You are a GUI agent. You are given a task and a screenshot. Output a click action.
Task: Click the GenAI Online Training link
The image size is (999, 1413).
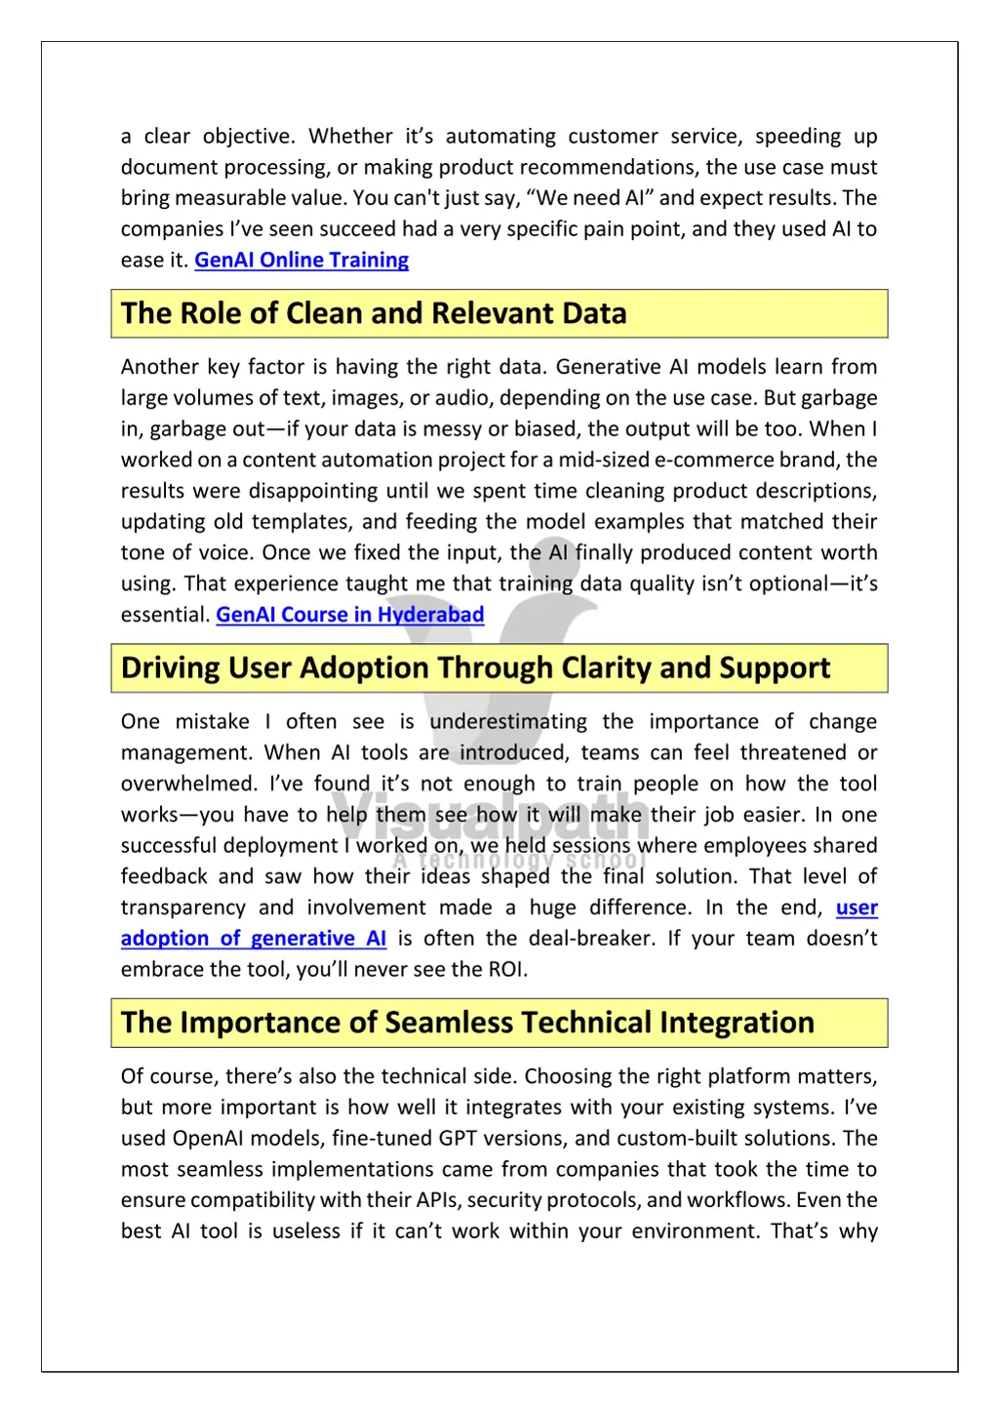(x=301, y=261)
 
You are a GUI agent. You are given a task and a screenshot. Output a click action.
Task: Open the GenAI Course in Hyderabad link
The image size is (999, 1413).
(x=349, y=615)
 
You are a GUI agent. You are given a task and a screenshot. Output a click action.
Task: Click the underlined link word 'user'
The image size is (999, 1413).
(x=857, y=908)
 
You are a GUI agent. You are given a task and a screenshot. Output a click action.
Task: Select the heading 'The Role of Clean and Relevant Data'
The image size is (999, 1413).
(x=374, y=313)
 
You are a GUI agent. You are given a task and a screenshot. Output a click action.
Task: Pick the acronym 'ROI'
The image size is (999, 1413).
(x=506, y=970)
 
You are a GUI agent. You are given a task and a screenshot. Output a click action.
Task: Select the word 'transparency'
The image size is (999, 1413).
(x=183, y=908)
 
